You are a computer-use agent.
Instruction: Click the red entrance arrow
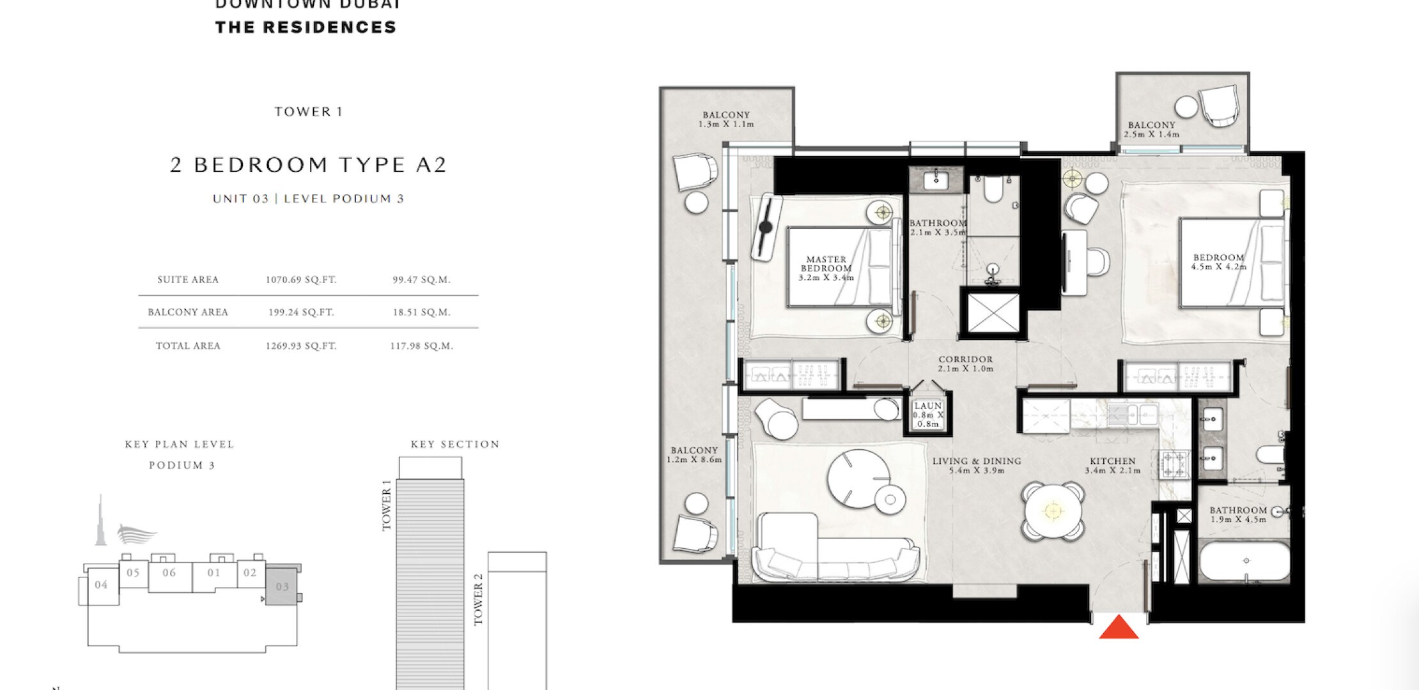point(1119,628)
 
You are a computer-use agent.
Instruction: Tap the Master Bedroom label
point(826,268)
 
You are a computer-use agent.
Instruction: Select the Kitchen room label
point(1112,466)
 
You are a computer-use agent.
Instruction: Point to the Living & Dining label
point(977,465)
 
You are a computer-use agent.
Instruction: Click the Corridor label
point(965,364)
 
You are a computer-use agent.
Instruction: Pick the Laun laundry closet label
point(927,415)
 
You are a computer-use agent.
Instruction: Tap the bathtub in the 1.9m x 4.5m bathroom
point(1244,562)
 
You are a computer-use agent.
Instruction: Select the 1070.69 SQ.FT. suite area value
point(301,280)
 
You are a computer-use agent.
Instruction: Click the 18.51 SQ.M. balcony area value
point(422,312)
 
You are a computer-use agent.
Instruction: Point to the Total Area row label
point(188,346)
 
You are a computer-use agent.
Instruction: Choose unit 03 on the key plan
point(282,586)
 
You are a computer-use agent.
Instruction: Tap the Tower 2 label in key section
point(478,599)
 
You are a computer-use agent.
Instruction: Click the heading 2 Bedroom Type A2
point(308,165)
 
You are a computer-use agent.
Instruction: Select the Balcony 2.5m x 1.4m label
point(1151,130)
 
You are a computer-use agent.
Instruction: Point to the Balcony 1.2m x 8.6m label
point(694,455)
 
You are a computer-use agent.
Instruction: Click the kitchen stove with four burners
point(1173,464)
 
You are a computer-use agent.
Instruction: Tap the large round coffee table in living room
point(858,479)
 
